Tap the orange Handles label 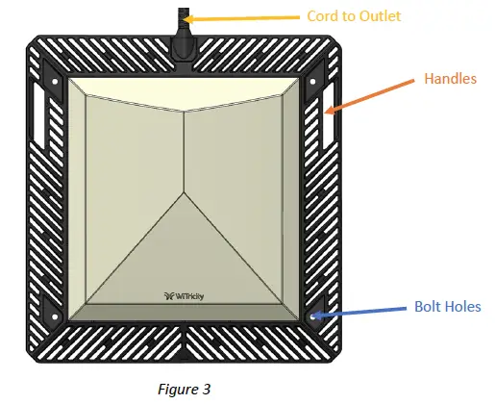point(451,79)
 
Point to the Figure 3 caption point(185,389)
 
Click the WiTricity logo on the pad point(184,296)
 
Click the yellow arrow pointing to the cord point(241,18)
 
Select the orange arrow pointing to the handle point(369,96)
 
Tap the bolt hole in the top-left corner point(55,82)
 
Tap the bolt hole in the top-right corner point(312,82)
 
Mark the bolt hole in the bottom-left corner point(55,317)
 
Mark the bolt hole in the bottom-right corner point(312,317)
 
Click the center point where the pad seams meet point(184,192)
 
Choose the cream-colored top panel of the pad point(184,93)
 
